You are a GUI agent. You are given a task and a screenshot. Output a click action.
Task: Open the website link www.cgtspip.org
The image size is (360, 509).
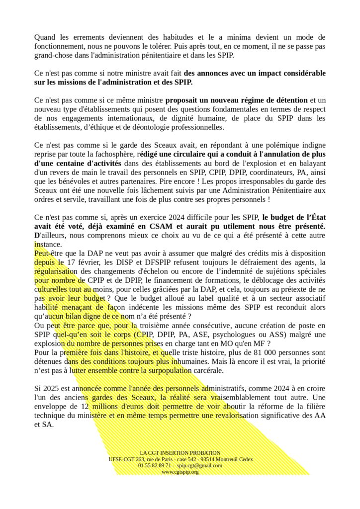pyautogui.click(x=180, y=472)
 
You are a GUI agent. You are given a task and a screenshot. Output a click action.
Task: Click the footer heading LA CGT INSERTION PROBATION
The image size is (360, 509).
pyautogui.click(x=180, y=453)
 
